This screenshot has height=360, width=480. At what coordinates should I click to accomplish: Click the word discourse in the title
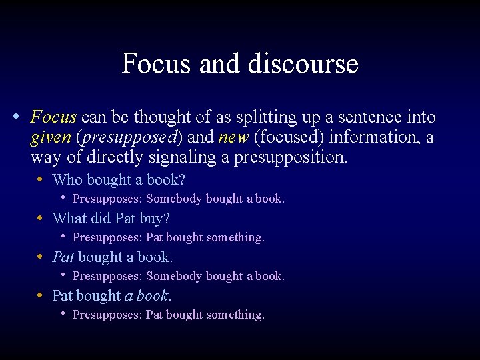303,64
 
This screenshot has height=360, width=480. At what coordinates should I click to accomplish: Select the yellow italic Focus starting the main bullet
54,118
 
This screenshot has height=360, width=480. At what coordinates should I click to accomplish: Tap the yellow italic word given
51,138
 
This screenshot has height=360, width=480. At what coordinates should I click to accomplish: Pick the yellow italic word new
233,138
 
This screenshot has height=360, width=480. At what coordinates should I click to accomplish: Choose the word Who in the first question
67,180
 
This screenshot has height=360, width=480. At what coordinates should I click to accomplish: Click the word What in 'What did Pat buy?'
70,219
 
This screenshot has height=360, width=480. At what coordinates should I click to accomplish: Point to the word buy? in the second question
155,219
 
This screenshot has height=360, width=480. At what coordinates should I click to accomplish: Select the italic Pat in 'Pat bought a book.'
63,257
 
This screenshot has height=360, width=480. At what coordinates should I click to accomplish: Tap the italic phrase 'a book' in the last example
146,296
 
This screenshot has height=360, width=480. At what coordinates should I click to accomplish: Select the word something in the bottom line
235,315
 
